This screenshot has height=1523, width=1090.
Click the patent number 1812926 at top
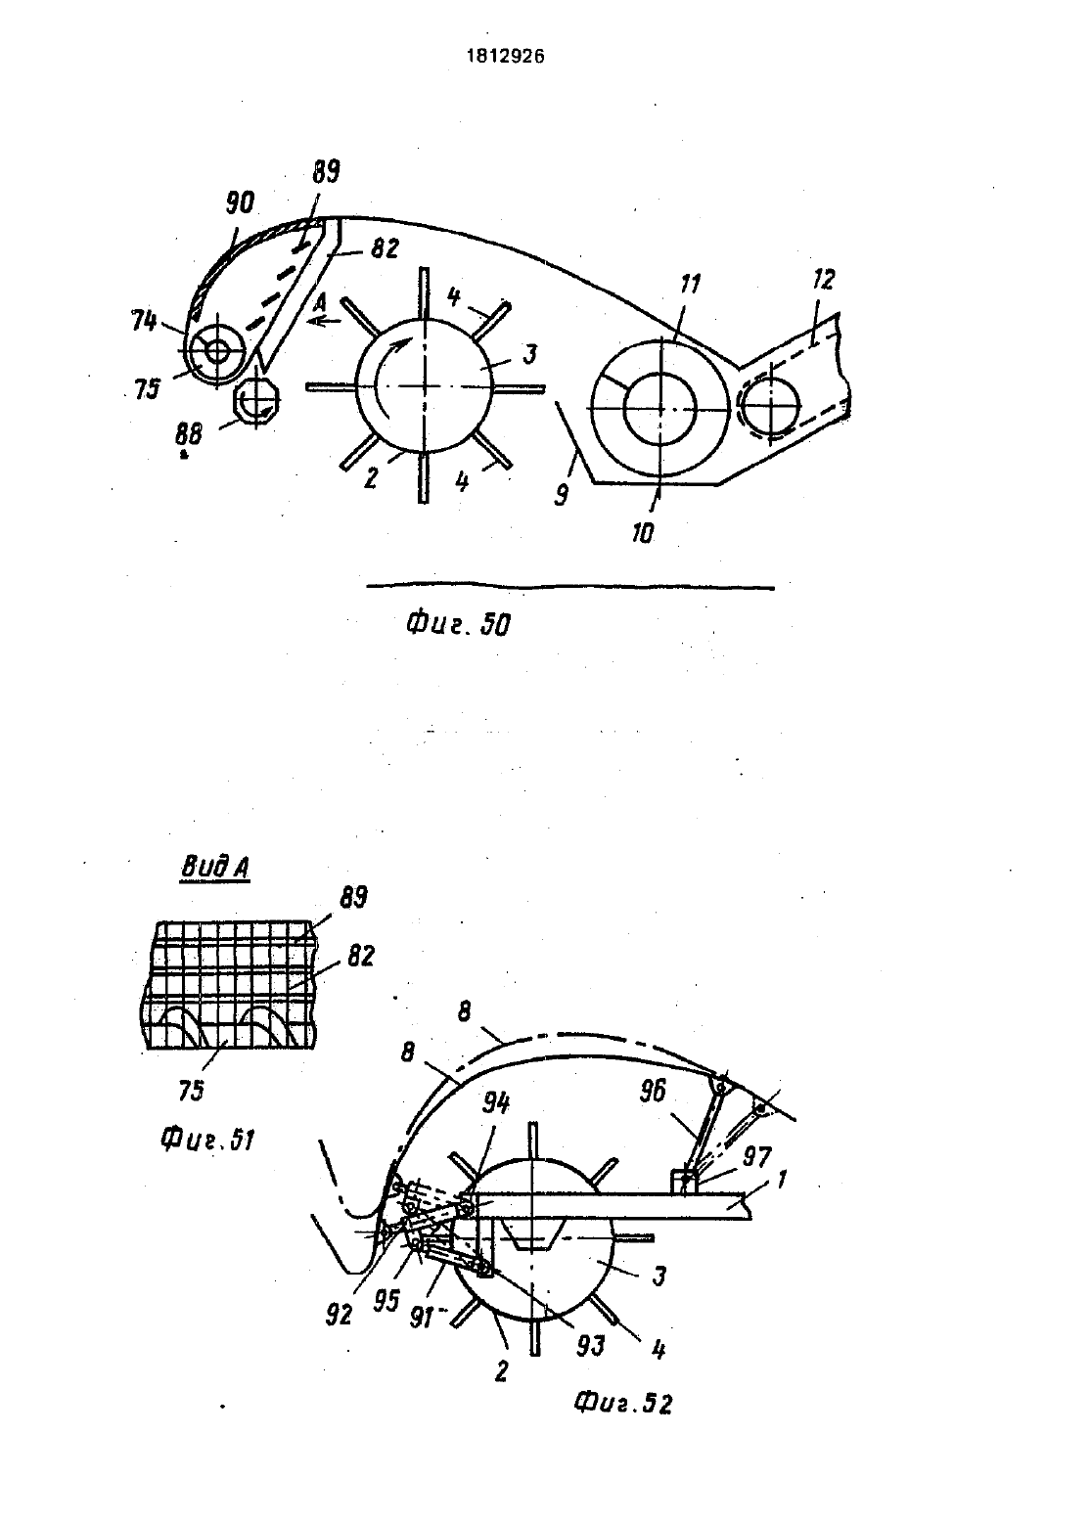click(505, 57)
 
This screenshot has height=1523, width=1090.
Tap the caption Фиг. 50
click(458, 624)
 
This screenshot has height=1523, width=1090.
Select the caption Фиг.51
click(208, 1139)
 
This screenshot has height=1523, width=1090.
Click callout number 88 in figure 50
click(189, 433)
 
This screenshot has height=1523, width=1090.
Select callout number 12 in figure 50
click(823, 279)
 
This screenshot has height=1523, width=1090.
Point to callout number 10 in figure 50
click(643, 534)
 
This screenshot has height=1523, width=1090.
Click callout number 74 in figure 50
click(145, 320)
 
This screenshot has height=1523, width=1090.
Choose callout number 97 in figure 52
click(756, 1156)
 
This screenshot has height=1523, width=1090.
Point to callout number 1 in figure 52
click(781, 1179)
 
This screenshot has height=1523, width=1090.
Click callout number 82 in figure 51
click(360, 956)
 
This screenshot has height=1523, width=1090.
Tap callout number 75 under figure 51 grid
click(191, 1091)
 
